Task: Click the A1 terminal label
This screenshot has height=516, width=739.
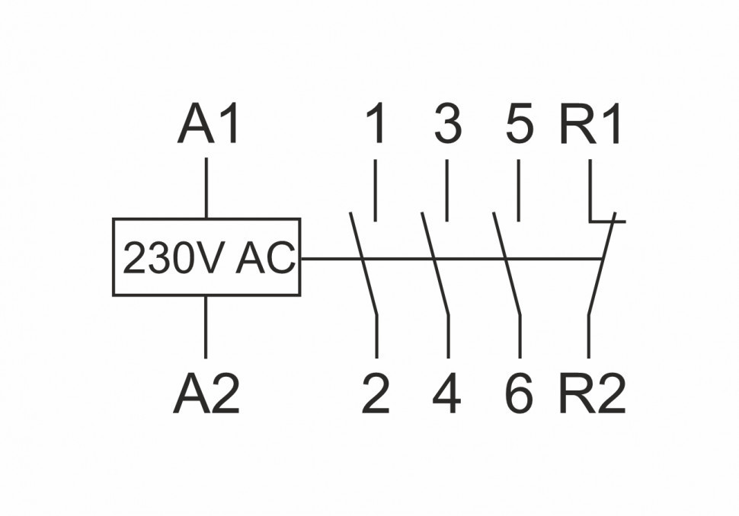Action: (210, 126)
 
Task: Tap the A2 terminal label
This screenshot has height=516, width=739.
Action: (206, 395)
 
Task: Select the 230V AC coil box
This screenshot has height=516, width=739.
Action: (206, 257)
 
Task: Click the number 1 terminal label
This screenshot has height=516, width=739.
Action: (375, 126)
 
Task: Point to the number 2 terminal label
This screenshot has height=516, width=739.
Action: (376, 395)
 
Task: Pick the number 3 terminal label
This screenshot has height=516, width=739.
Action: (447, 126)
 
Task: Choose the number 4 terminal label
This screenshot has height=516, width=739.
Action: (446, 395)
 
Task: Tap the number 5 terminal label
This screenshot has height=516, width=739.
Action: (519, 126)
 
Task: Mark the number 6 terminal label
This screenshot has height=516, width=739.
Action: (519, 395)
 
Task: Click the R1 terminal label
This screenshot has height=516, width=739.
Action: (591, 126)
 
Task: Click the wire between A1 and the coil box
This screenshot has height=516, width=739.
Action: (206, 187)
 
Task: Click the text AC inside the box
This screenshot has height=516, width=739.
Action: (264, 260)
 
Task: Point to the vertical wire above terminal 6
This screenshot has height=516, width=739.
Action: (520, 335)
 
